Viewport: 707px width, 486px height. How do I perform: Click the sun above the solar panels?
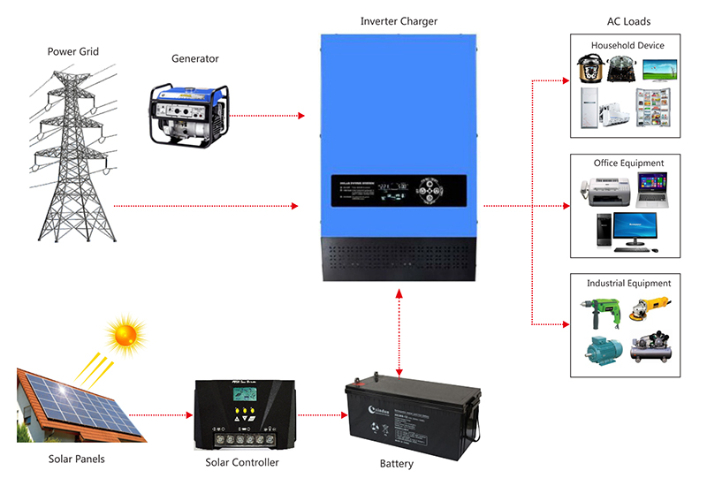[125, 335]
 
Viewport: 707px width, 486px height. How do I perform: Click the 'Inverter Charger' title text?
[399, 19]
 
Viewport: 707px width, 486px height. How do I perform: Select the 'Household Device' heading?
[627, 45]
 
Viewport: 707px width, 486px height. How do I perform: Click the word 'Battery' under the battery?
[396, 464]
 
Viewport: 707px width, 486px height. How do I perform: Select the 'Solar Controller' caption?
[242, 462]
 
